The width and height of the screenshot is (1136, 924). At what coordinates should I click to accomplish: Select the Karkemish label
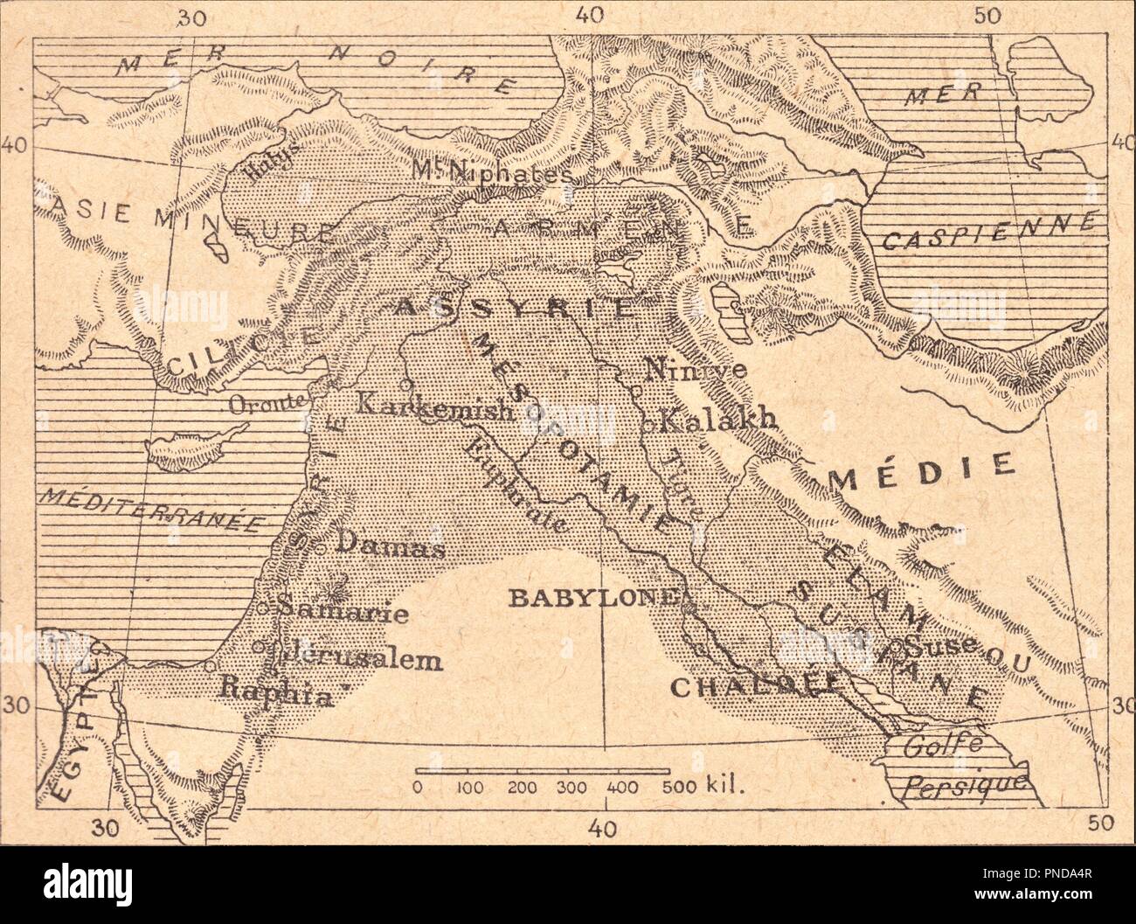[x=433, y=406]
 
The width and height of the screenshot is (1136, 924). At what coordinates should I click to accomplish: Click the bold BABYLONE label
[x=592, y=598]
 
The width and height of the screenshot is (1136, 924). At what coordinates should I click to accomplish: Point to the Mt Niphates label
[x=493, y=172]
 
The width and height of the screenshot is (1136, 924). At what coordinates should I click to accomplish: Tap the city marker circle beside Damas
[x=321, y=548]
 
